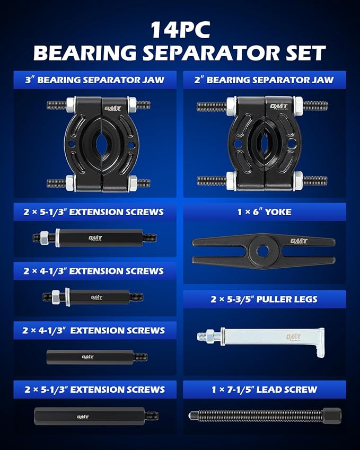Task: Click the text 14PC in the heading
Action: [x=180, y=30]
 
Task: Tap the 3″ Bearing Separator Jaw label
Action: [x=95, y=80]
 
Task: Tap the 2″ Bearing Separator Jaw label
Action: [x=265, y=80]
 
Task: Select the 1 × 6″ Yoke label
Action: [x=265, y=212]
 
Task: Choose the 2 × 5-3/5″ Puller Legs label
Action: [x=265, y=299]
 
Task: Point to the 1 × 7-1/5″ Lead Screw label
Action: [x=265, y=390]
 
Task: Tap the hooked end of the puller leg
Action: [x=319, y=343]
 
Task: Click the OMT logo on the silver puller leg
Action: [x=293, y=337]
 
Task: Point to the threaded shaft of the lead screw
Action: [x=254, y=416]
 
